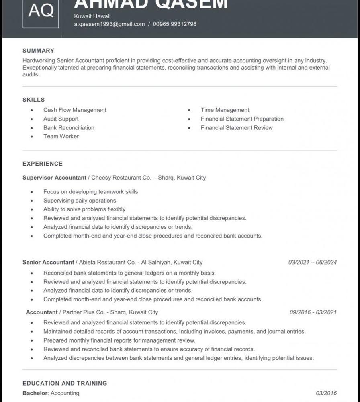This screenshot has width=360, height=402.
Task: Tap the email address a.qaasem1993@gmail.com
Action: [x=109, y=24]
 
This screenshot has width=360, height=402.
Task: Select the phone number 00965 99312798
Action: [x=175, y=24]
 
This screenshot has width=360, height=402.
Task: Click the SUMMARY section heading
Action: [x=38, y=51]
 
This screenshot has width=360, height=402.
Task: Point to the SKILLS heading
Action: [x=34, y=100]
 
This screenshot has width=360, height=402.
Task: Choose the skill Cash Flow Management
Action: [x=75, y=110]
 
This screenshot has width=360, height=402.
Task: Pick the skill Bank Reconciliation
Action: [x=69, y=128]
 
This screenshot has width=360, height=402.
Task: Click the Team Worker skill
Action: [x=61, y=137]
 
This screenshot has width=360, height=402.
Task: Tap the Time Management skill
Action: [x=225, y=110]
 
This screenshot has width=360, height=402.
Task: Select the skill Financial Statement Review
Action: [x=237, y=128]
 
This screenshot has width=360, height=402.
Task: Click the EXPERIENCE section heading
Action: [x=43, y=164]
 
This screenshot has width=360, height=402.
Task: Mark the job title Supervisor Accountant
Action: [x=54, y=178]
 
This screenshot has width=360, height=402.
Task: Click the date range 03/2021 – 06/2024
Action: [x=313, y=263]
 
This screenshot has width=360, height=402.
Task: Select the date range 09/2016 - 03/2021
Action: [x=313, y=312]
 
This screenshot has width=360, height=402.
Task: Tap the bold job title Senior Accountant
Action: [x=48, y=263]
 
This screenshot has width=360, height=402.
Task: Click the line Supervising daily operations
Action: [x=80, y=201]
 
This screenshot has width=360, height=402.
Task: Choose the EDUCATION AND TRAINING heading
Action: [x=65, y=384]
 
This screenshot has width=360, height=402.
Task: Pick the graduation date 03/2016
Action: [x=326, y=393]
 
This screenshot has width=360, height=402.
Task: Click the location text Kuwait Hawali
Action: [x=92, y=16]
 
